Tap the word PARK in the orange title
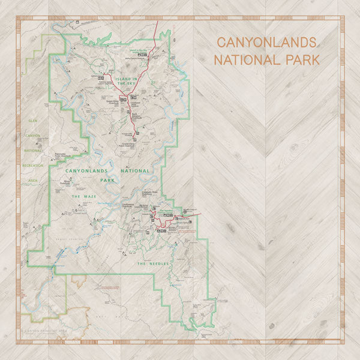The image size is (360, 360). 298,60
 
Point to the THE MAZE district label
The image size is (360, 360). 84,196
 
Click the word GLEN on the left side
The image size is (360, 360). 32,120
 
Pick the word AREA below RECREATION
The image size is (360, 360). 32,179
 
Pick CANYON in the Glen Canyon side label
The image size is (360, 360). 32,135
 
